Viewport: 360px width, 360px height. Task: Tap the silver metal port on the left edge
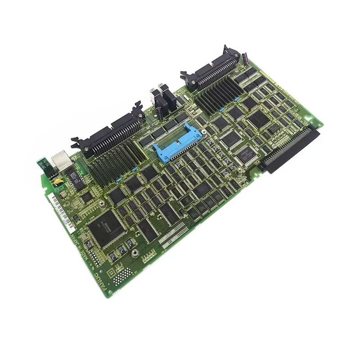[x=59, y=160]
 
